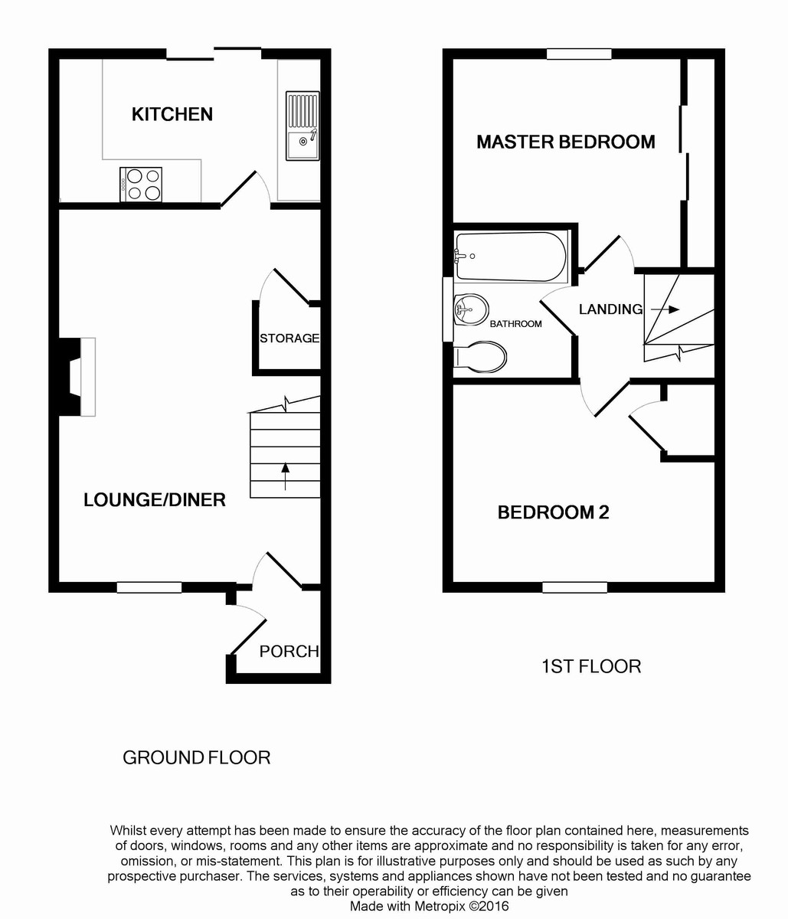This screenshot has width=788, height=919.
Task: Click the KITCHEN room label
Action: pyautogui.click(x=172, y=114)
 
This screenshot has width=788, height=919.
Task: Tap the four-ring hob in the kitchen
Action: pyautogui.click(x=141, y=184)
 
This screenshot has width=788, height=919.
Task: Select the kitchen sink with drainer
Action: pyautogui.click(x=302, y=126)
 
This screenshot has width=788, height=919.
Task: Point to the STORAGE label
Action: pyautogui.click(x=289, y=338)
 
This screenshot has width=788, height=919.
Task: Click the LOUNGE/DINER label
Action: pyautogui.click(x=155, y=500)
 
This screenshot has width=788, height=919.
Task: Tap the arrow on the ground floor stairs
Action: pyautogui.click(x=286, y=475)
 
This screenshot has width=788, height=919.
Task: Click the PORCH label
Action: pyautogui.click(x=289, y=652)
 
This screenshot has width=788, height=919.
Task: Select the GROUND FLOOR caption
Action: pyautogui.click(x=197, y=758)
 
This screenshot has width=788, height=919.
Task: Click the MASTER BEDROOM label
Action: pyautogui.click(x=566, y=142)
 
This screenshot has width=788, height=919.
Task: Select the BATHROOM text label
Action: pyautogui.click(x=515, y=324)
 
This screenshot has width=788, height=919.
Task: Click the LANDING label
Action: pyautogui.click(x=610, y=309)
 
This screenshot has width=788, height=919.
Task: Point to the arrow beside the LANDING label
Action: pyautogui.click(x=665, y=309)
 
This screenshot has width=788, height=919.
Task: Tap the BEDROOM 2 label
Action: pyautogui.click(x=553, y=512)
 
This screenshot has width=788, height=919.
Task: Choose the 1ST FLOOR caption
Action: pyautogui.click(x=591, y=667)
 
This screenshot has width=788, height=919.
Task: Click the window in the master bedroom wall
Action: pyautogui.click(x=579, y=54)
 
